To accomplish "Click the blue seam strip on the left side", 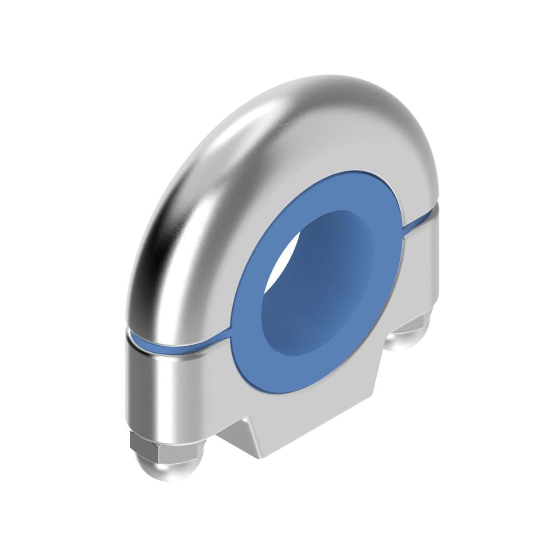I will (183, 344).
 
